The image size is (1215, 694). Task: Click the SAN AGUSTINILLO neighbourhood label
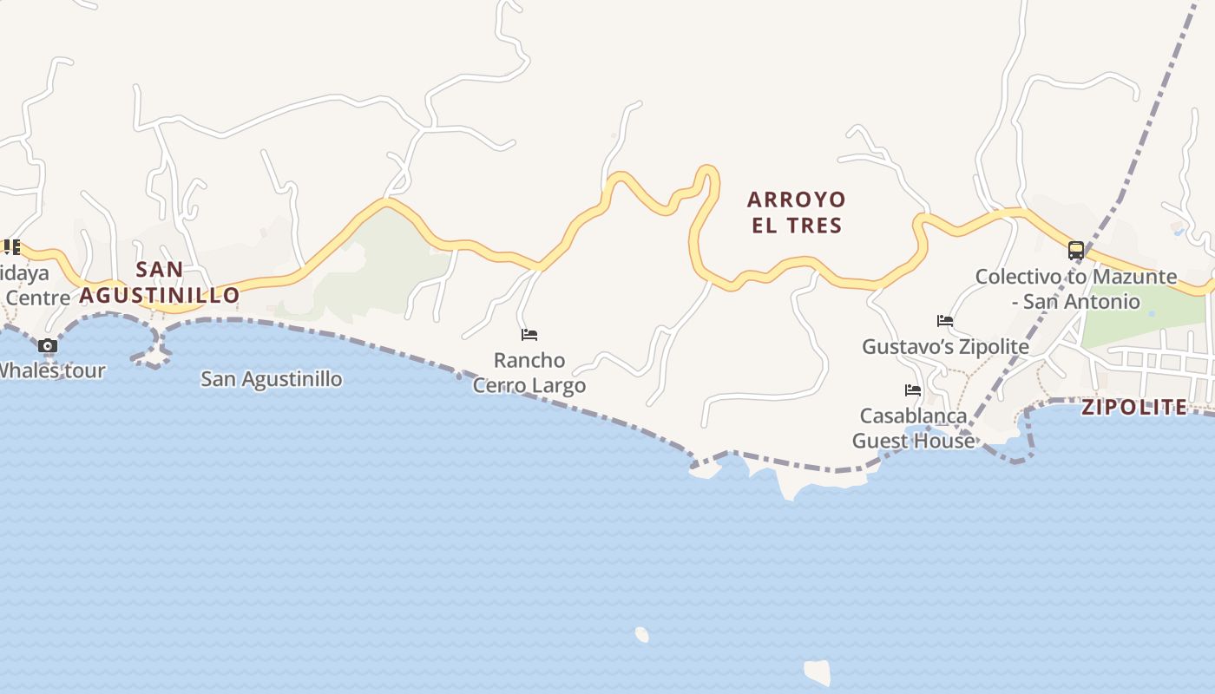[x=160, y=282]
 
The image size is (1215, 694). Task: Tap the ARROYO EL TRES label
[x=796, y=213]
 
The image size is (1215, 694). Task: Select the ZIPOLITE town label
[x=1134, y=407]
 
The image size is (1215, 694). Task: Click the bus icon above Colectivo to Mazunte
[x=1075, y=251]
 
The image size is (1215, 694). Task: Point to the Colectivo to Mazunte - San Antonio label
[x=1076, y=289]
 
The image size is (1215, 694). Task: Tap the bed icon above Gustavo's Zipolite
[x=945, y=321]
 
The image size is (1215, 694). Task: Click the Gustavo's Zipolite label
[x=945, y=347]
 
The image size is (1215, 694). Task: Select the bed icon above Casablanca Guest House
[x=912, y=390]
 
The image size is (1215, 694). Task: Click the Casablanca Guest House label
[x=913, y=429]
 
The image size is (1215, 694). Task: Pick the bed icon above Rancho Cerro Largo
[x=529, y=335]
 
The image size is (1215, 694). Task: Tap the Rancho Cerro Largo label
[x=529, y=372]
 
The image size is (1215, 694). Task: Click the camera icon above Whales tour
[x=48, y=346]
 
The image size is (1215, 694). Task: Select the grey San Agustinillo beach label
[x=271, y=379]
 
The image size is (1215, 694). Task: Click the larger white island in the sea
[x=817, y=671]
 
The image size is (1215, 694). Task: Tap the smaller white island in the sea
[x=641, y=634]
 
